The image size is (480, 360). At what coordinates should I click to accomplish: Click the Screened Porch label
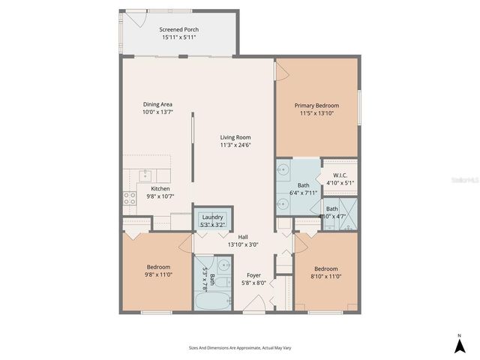click(178, 30)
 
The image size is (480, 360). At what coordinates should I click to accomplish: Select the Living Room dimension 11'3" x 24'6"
click(235, 145)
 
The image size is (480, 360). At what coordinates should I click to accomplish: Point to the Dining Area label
click(157, 104)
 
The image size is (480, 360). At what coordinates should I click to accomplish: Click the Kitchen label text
click(160, 188)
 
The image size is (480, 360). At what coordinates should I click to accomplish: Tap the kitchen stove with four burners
click(130, 199)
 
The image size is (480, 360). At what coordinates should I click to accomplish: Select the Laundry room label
click(211, 217)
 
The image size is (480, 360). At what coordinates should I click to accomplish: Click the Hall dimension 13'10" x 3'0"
click(243, 244)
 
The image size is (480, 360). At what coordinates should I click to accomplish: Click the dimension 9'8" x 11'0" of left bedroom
click(158, 275)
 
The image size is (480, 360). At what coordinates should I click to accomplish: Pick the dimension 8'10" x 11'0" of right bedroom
click(326, 276)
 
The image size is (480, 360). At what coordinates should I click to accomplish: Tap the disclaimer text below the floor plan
click(239, 348)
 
